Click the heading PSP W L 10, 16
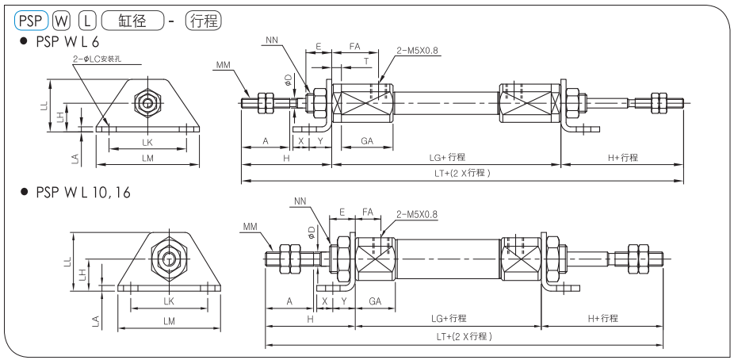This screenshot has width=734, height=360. [80, 193]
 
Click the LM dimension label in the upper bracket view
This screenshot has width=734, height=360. [147, 158]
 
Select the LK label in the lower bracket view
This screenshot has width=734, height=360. [168, 302]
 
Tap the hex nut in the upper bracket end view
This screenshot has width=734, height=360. [147, 101]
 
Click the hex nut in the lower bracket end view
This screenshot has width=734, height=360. [168, 258]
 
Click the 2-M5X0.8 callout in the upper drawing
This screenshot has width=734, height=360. [417, 49]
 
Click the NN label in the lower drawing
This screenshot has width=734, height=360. [299, 201]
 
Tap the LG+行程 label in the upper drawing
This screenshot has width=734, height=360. [447, 157]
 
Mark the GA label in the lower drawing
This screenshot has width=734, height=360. [376, 302]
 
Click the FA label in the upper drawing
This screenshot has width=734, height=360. [355, 48]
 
